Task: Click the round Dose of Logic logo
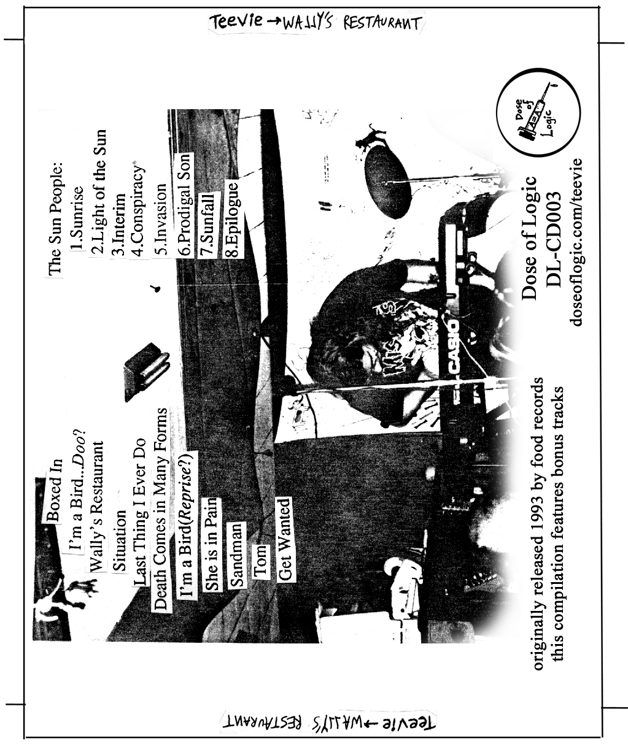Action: [534, 115]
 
